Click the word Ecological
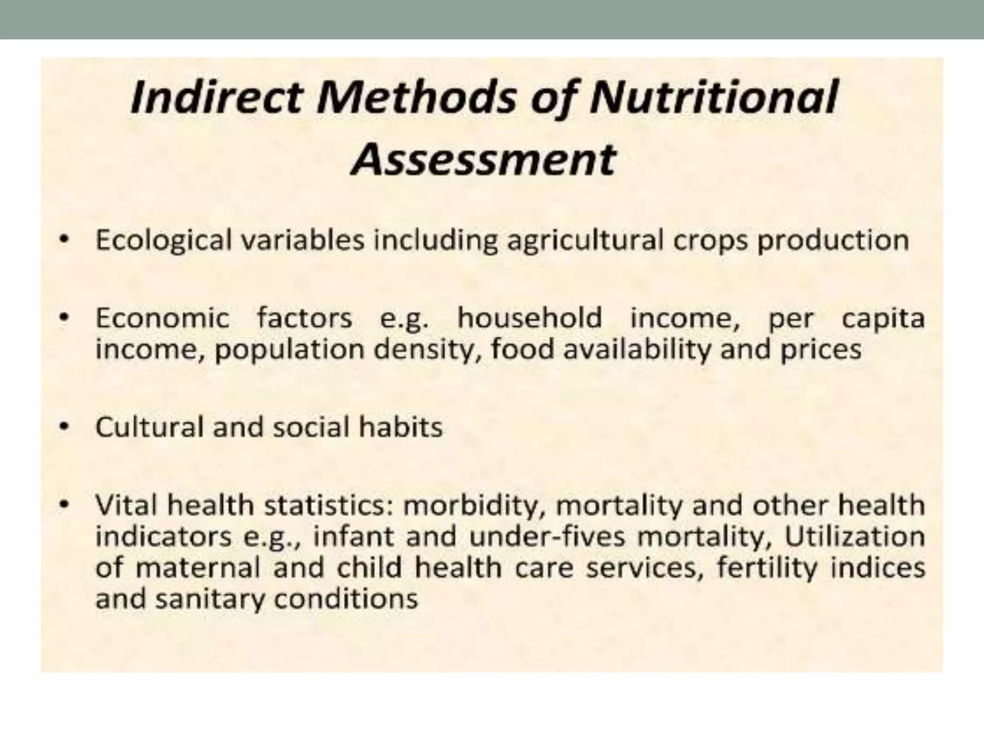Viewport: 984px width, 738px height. point(163,240)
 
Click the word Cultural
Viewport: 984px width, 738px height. point(150,427)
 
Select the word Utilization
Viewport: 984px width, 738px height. point(855,536)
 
